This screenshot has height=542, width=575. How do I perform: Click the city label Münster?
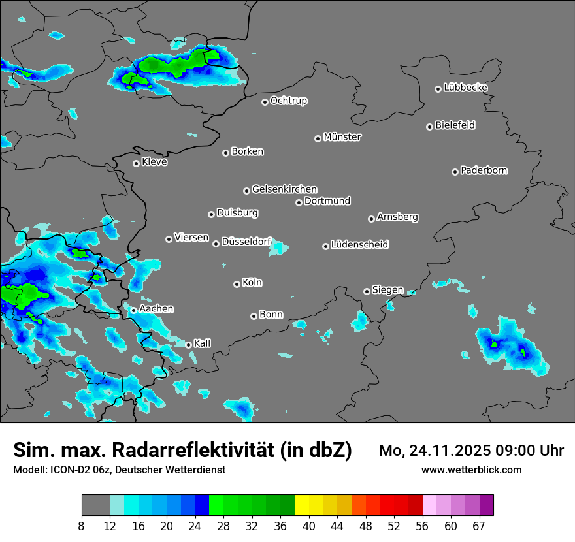342,137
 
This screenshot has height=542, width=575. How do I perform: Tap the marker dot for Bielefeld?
430,127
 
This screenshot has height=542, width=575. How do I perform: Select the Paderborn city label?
484,170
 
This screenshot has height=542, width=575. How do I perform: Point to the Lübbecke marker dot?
438,89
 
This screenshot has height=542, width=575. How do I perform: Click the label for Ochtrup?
288,101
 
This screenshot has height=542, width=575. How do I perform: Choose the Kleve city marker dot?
137,163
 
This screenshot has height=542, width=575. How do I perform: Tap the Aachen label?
156,308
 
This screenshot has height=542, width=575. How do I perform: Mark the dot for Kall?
189,345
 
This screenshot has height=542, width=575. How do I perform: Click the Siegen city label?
387,290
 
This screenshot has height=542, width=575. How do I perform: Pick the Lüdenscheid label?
359,245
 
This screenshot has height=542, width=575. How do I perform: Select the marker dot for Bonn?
254,316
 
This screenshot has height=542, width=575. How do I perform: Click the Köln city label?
252,283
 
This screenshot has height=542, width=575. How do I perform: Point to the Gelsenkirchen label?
284,189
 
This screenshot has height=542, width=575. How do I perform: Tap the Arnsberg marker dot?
371,219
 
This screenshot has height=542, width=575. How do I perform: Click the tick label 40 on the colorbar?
308,526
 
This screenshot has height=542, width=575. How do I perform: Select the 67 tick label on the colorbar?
479,526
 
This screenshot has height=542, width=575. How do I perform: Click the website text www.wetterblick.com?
472,470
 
